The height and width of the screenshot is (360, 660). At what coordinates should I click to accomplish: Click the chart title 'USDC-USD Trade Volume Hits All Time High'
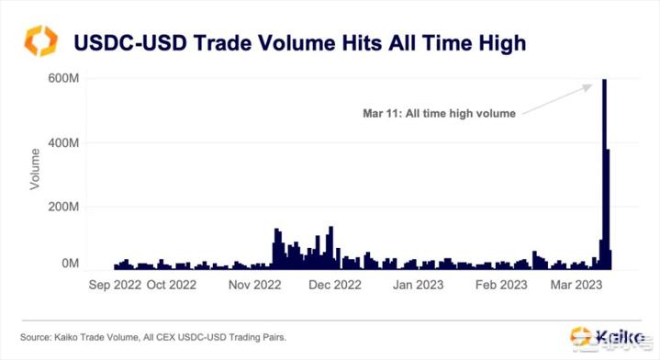pyautogui.click(x=299, y=42)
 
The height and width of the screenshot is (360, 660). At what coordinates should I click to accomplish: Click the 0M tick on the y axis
pyautogui.click(x=70, y=264)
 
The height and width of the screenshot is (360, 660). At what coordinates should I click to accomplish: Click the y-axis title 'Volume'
pyautogui.click(x=35, y=168)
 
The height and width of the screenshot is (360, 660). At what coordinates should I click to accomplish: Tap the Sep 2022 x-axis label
pyautogui.click(x=115, y=285)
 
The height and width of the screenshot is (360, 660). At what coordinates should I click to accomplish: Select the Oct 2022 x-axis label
pyautogui.click(x=172, y=285)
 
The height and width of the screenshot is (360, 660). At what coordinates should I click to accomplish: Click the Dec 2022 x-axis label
pyautogui.click(x=334, y=285)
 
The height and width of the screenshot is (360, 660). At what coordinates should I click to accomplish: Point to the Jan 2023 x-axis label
pyautogui.click(x=418, y=285)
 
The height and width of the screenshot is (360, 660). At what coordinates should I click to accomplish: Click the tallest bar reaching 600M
pyautogui.click(x=603, y=174)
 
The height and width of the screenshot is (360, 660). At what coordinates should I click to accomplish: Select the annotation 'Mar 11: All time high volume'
pyautogui.click(x=439, y=114)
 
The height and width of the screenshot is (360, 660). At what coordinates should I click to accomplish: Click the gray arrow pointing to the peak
pyautogui.click(x=556, y=98)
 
